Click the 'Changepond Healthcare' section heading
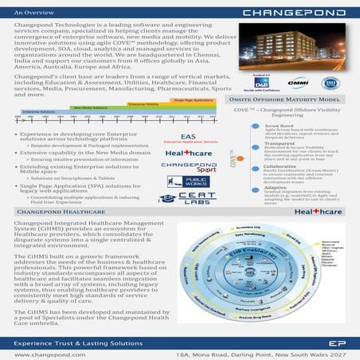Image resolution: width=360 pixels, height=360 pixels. [x=55, y=213]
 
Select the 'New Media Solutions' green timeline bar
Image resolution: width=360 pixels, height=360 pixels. [x=91, y=107]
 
